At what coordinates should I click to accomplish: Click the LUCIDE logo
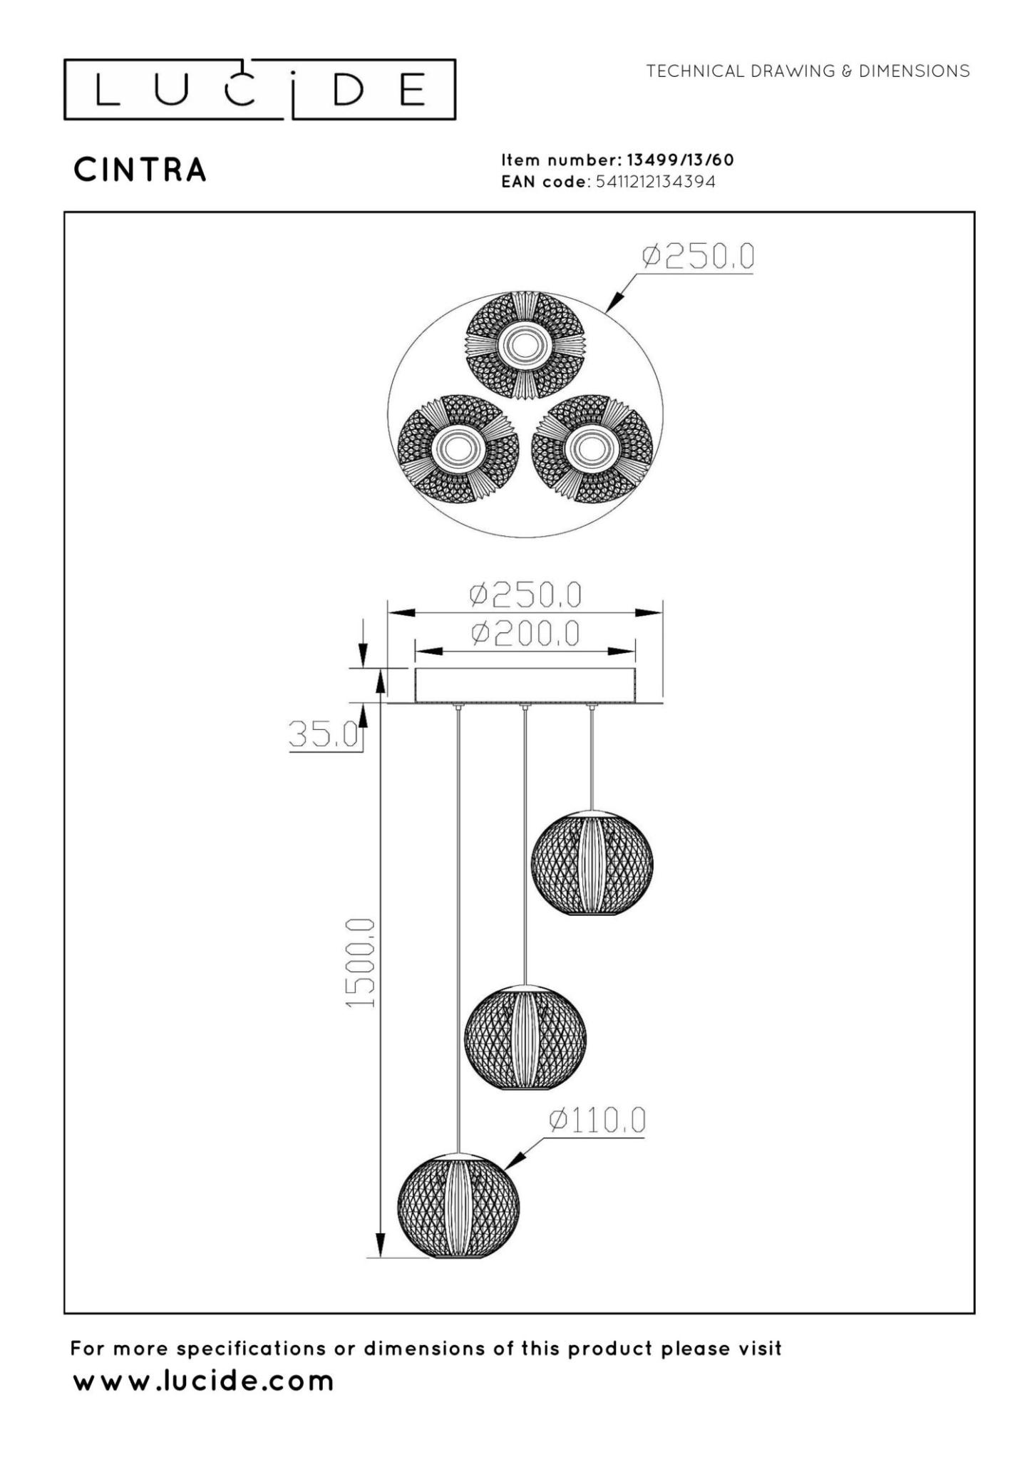pos(259,90)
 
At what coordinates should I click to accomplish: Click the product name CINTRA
pos(140,170)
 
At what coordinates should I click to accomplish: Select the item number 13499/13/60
pos(679,160)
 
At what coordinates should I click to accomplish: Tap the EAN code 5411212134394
pos(655,182)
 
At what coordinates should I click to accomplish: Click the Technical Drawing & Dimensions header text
pos(808,71)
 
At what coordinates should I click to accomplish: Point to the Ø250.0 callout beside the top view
pos(697,257)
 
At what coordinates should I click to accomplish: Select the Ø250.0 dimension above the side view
pos(525,594)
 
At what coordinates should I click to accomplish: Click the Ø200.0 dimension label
pos(525,633)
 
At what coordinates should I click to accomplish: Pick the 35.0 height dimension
pos(323,734)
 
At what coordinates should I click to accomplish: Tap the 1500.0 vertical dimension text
pos(361,962)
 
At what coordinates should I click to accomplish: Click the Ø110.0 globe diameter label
pos(597,1120)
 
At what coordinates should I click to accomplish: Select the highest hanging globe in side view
pos(592,863)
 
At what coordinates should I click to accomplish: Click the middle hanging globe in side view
pos(525,1037)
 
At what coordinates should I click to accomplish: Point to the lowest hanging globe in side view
pos(458,1205)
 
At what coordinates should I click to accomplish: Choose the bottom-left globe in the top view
pos(458,449)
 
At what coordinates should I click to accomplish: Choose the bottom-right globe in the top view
pos(592,449)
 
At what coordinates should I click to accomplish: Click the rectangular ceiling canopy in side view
pos(525,685)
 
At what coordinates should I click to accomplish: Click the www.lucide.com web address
pos(203,1381)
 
